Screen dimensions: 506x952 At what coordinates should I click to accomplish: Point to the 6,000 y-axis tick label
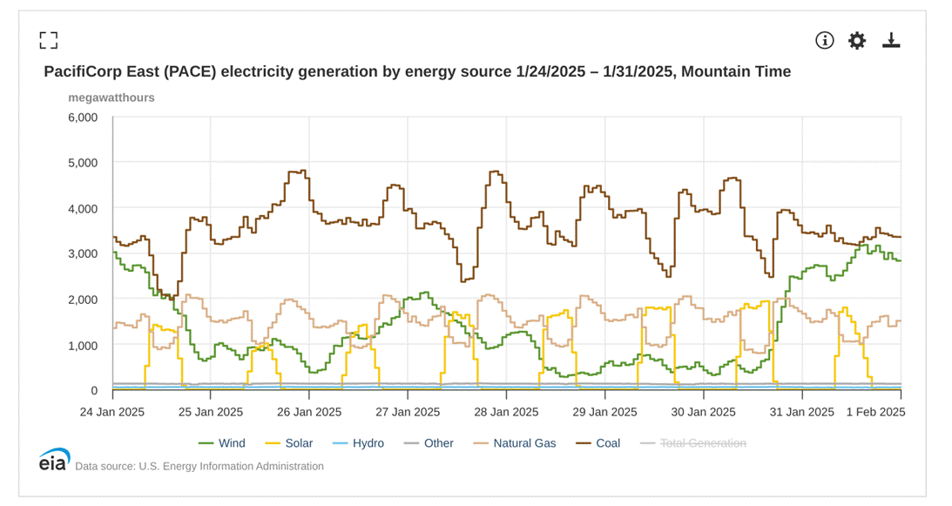(x=83, y=118)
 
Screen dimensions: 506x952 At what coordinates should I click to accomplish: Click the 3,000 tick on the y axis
(x=83, y=253)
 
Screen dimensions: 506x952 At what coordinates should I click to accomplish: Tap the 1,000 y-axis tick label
(x=83, y=345)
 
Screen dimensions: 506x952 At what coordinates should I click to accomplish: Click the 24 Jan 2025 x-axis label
(x=112, y=411)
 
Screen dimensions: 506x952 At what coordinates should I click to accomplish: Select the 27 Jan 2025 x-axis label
(x=408, y=411)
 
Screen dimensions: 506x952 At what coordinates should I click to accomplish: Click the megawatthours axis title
(x=111, y=98)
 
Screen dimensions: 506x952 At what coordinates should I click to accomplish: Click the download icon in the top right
(x=891, y=40)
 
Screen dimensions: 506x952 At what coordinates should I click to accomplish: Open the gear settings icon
(x=857, y=40)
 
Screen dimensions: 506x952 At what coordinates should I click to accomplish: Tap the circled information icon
(x=824, y=40)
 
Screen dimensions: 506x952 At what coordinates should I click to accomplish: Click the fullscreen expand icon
(x=49, y=40)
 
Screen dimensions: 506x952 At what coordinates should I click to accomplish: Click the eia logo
(x=54, y=462)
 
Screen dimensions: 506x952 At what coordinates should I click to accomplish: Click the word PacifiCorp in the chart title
(x=81, y=71)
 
